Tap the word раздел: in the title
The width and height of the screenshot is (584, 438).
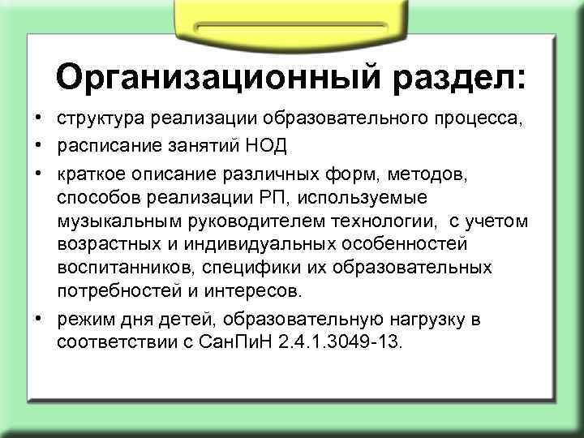coord(459,77)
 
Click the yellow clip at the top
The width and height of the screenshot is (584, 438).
coord(289,17)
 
